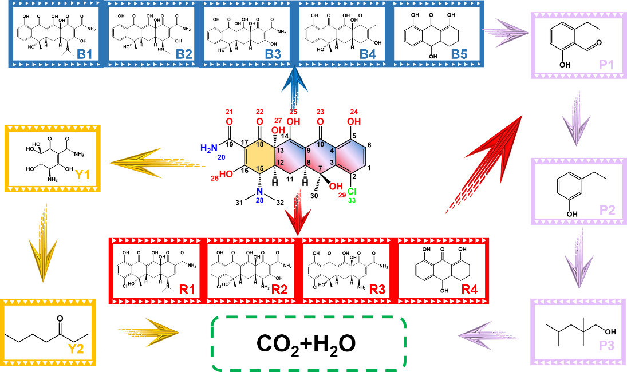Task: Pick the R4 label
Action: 469,290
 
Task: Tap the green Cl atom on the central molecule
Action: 352,192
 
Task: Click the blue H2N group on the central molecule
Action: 209,148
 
